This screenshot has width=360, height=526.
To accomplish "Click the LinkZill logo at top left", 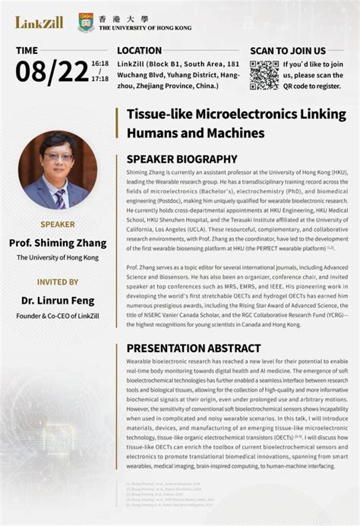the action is [39, 22].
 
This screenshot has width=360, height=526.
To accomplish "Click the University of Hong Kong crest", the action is [87, 22].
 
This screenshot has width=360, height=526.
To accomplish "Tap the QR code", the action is [264, 74].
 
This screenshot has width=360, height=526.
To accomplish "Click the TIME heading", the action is [27, 51].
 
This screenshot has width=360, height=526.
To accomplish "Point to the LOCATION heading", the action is [140, 51].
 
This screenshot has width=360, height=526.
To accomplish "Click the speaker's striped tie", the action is [60, 197].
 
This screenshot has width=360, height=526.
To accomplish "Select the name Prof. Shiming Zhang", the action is [57, 242].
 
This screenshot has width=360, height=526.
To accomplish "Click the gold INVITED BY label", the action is [57, 282].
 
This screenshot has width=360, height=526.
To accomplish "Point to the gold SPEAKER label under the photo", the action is [57, 225].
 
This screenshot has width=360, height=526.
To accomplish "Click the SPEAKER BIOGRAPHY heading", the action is [182, 159].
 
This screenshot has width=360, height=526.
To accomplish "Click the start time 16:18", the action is [99, 64].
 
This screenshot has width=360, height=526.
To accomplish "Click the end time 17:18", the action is [99, 79].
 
